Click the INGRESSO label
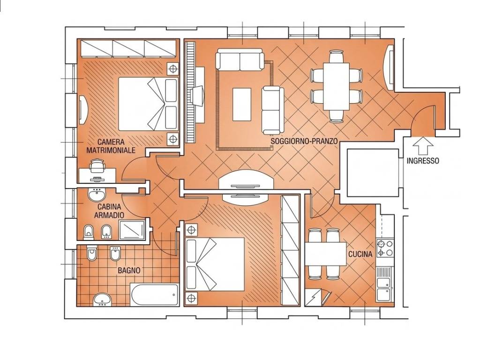[x=423, y=161]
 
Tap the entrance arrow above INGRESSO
[x=423, y=146]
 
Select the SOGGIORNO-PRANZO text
[x=304, y=141]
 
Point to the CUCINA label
[x=360, y=254]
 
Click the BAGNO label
[x=129, y=270]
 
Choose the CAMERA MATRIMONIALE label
[x=111, y=146]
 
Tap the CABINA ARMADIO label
[x=109, y=211]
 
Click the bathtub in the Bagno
[x=155, y=294]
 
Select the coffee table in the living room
[x=242, y=105]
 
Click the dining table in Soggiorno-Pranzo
[x=337, y=87]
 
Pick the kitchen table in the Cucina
[x=325, y=254]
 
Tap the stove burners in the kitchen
[x=385, y=248]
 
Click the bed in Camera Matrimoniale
[x=148, y=104]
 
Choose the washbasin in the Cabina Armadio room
[x=97, y=194]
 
